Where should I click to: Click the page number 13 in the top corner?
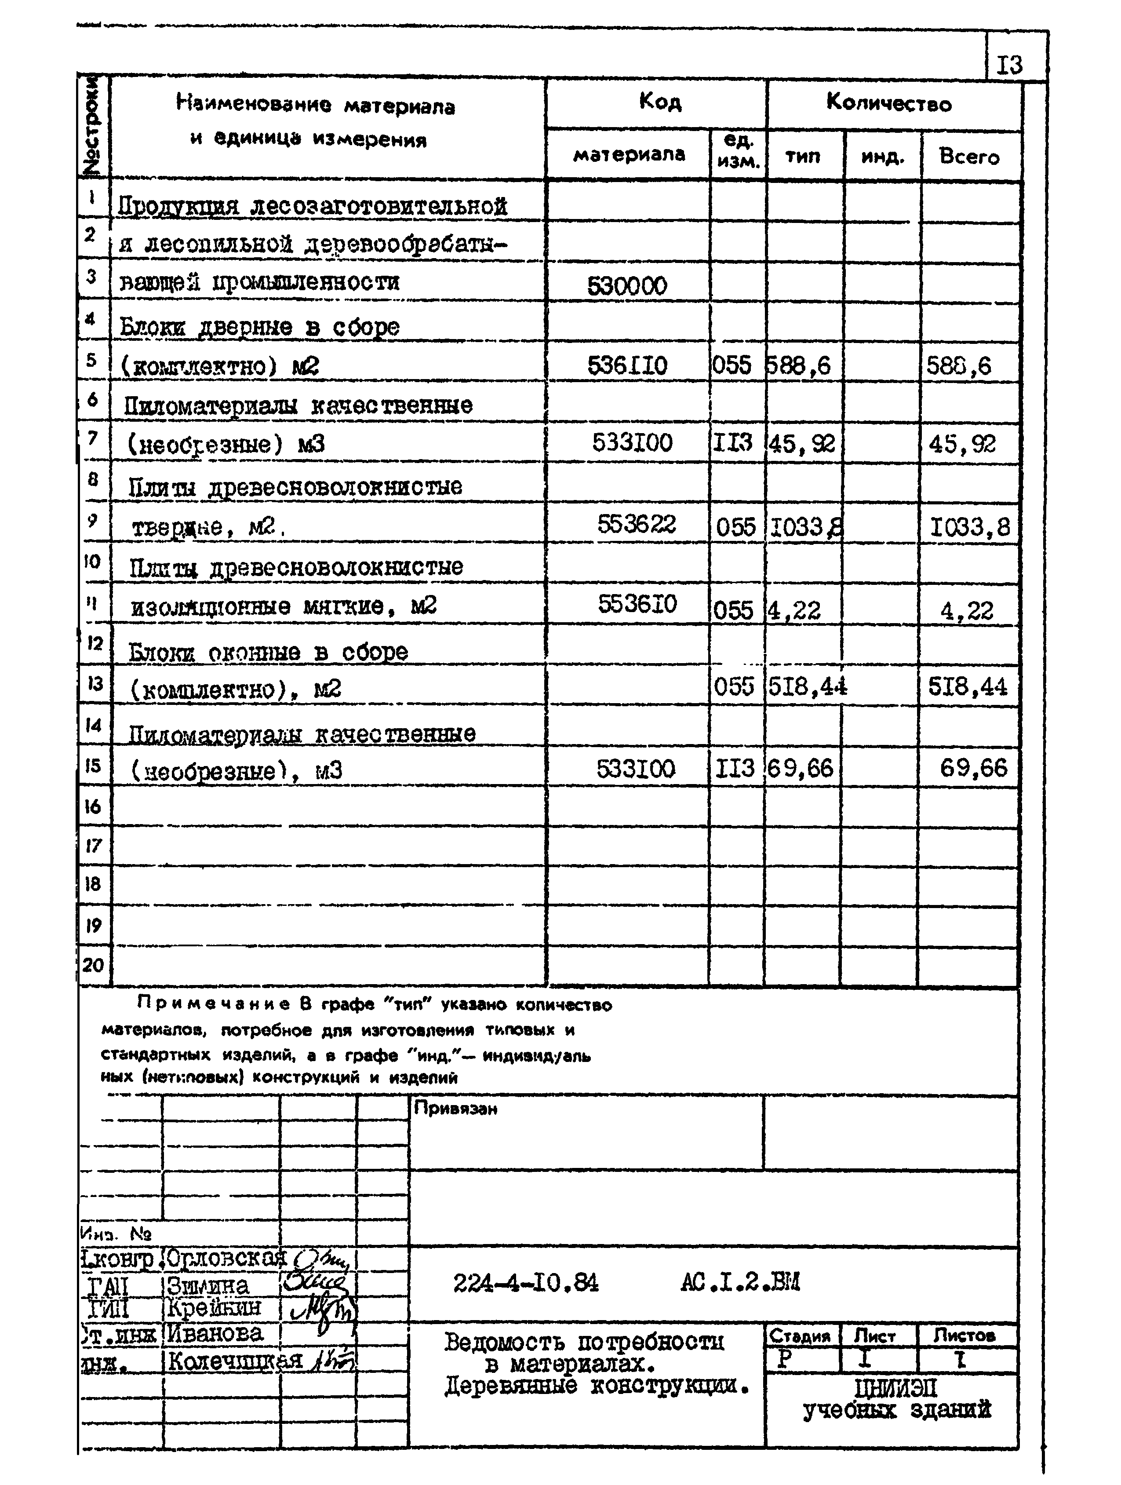(1009, 65)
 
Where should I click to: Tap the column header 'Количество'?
(889, 103)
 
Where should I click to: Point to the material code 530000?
(627, 286)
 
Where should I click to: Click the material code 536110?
(627, 366)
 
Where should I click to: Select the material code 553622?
(637, 524)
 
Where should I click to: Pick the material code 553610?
(637, 604)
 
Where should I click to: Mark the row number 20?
(93, 965)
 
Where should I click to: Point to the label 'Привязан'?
(455, 1109)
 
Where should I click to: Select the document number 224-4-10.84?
(526, 1284)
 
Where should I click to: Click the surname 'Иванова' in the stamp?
(215, 1333)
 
